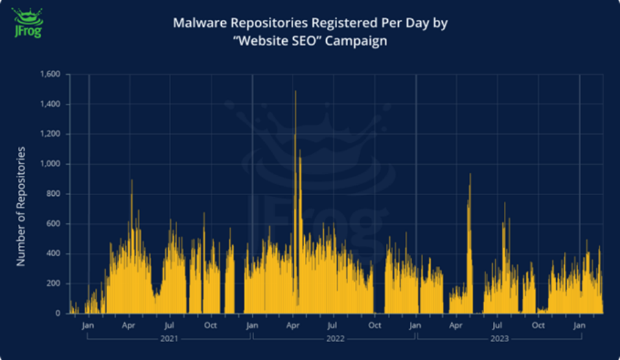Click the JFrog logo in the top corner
pyautogui.click(x=28, y=22)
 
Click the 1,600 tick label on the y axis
pyautogui.click(x=51, y=74)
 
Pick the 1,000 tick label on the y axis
pyautogui.click(x=51, y=164)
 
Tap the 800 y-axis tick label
pyautogui.click(x=54, y=194)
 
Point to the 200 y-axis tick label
pyautogui.click(x=54, y=284)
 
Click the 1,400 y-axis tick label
pyautogui.click(x=51, y=104)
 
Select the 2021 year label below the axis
pyautogui.click(x=170, y=339)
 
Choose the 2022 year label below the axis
pyautogui.click(x=334, y=339)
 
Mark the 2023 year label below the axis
pyautogui.click(x=498, y=339)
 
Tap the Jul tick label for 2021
pyautogui.click(x=170, y=325)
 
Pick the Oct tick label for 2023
pyautogui.click(x=538, y=325)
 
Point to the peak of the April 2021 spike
pyautogui.click(x=132, y=181)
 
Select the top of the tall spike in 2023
pyautogui.click(x=470, y=175)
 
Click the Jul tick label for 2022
pyautogui.click(x=334, y=325)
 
